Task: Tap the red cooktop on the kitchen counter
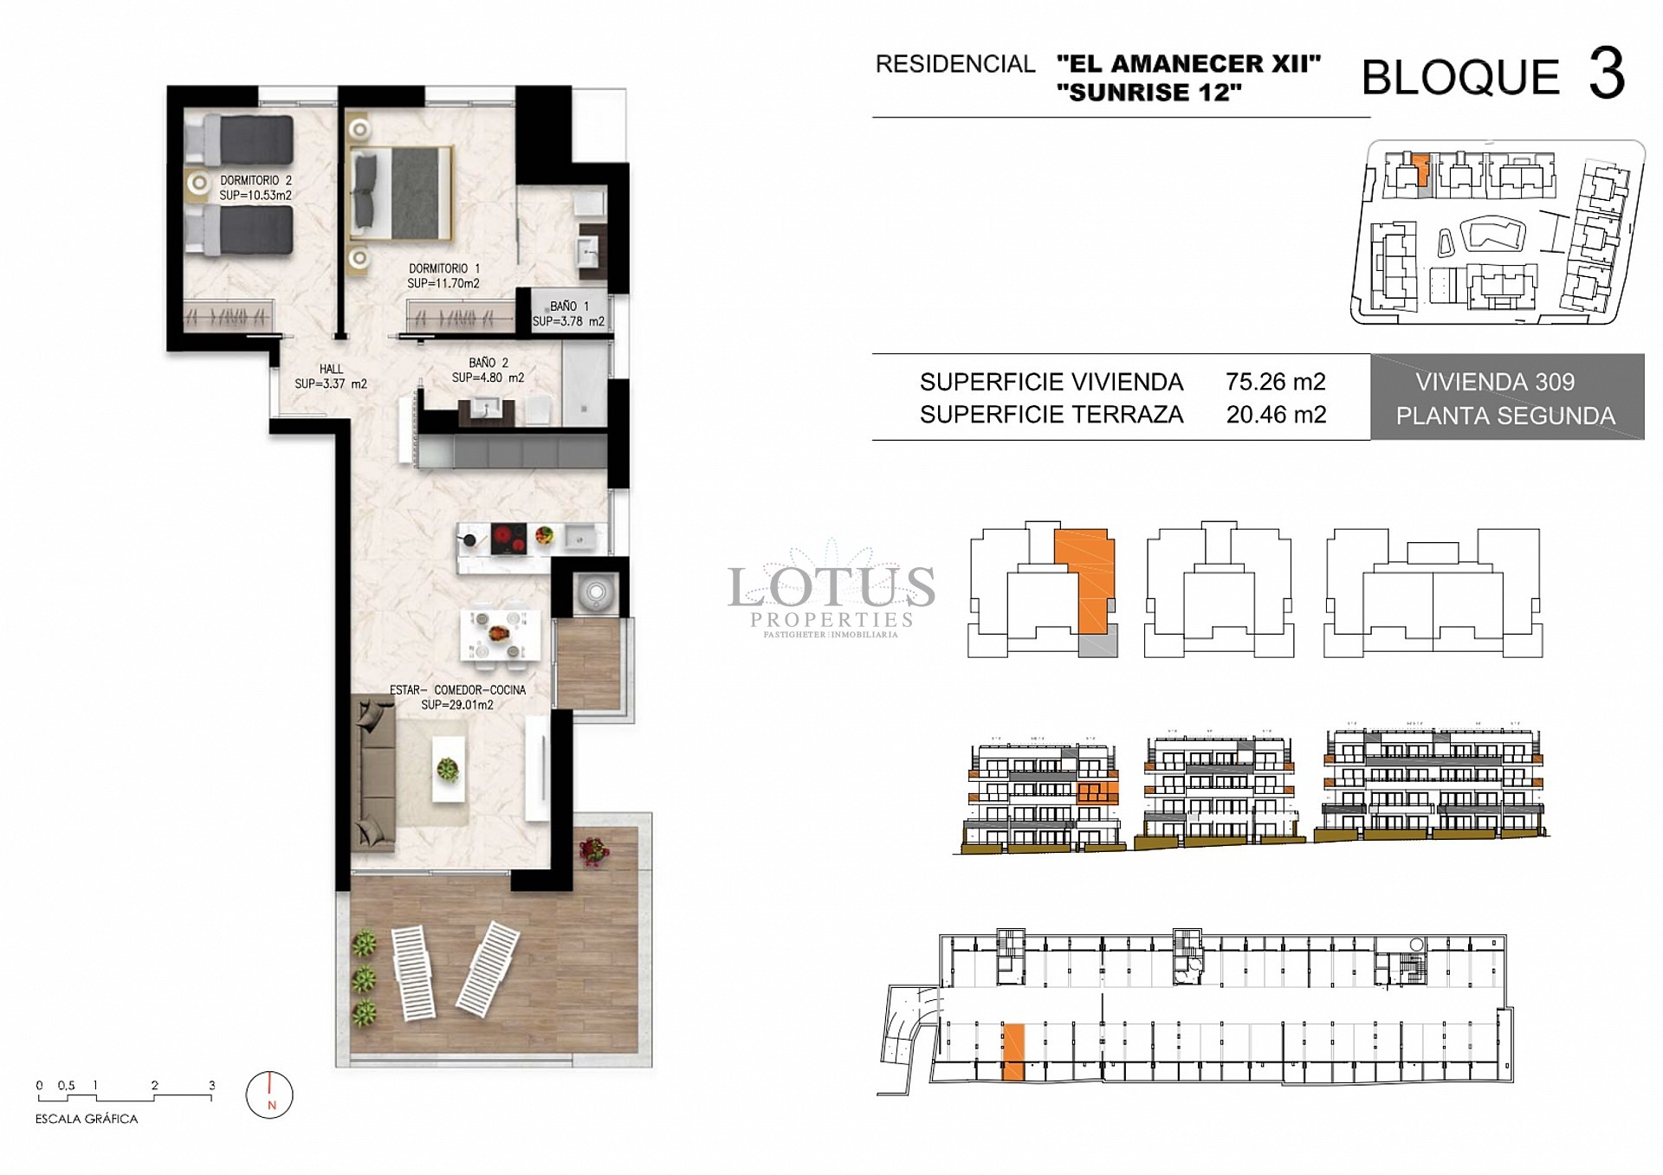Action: click(x=508, y=539)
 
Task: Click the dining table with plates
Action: click(x=500, y=636)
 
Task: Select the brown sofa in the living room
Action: click(x=374, y=771)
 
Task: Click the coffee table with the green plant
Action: click(x=448, y=769)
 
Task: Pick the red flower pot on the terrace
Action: click(x=594, y=850)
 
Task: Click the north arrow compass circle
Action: click(x=269, y=1095)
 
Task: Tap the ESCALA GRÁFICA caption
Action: click(x=87, y=1119)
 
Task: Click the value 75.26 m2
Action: click(x=1275, y=382)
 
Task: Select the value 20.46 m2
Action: click(x=1275, y=415)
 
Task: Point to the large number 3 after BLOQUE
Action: click(x=1606, y=74)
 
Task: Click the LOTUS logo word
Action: click(x=831, y=588)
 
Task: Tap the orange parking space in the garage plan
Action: click(x=1013, y=1051)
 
